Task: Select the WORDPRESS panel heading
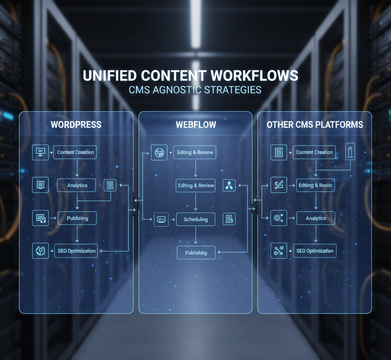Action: tap(76, 125)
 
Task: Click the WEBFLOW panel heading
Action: tap(195, 125)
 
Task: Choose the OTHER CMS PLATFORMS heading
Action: tap(315, 125)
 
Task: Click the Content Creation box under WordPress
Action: tap(75, 152)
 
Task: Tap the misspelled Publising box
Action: tap(77, 218)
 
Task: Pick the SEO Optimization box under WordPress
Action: tap(76, 251)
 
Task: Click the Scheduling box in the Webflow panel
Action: tap(195, 219)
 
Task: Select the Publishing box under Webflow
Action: tap(196, 252)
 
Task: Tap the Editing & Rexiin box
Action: tap(315, 185)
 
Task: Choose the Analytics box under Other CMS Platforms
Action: tap(316, 218)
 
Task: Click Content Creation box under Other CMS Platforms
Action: tap(314, 152)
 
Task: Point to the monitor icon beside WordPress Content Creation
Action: tap(40, 152)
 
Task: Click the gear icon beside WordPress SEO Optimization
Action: tap(40, 251)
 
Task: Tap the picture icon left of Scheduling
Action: tap(161, 219)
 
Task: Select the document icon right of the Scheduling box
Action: tap(229, 219)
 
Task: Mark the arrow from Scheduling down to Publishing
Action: tap(196, 236)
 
